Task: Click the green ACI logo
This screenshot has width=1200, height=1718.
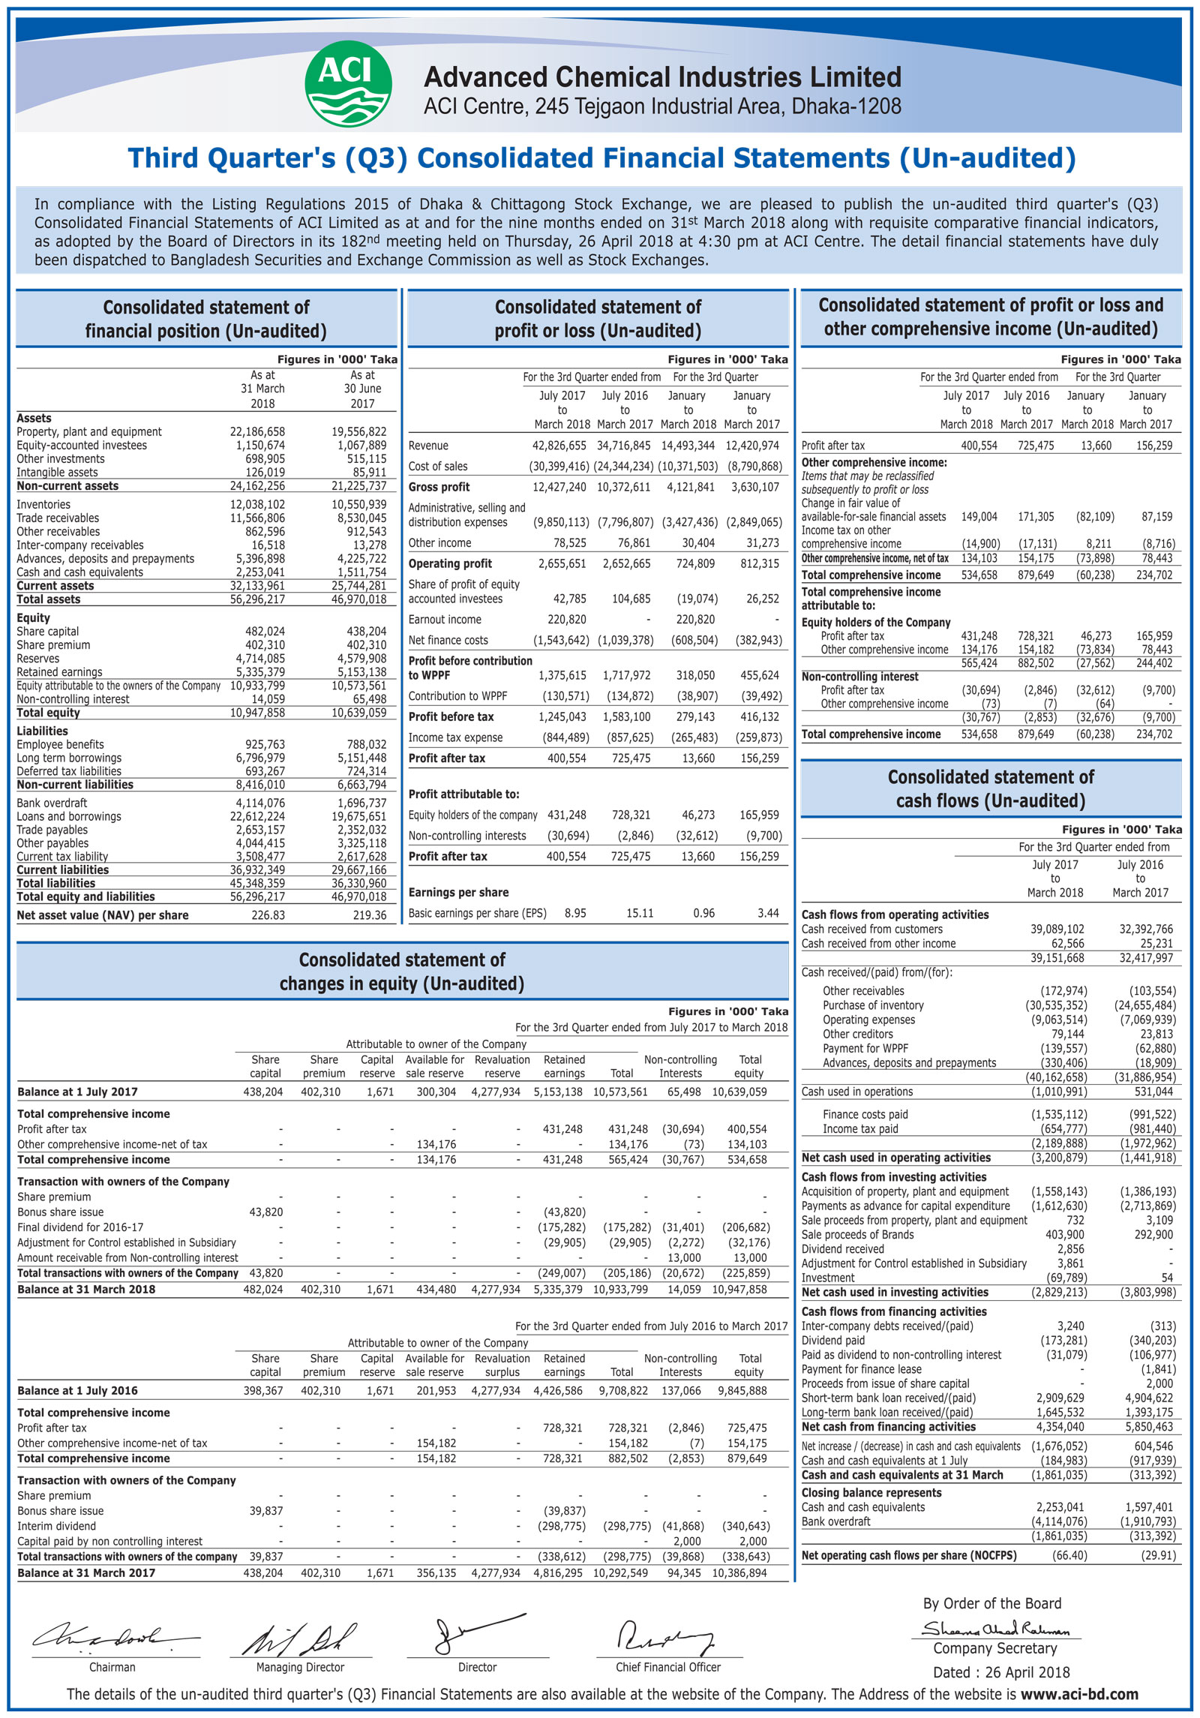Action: (348, 83)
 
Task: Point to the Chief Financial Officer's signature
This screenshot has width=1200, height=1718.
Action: (664, 1637)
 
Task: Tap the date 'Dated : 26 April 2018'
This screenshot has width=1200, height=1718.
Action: (1000, 1672)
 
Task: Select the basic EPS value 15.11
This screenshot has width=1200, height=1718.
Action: (640, 913)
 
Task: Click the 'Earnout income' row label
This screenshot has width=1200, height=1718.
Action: (445, 620)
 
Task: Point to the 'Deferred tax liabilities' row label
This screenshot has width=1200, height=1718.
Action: (69, 771)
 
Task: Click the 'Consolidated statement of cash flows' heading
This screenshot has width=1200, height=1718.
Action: (991, 788)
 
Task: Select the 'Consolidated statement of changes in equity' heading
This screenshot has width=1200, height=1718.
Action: (402, 972)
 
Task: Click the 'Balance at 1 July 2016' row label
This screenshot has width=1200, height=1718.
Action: (77, 1390)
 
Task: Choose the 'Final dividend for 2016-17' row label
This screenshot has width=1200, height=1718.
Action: (80, 1227)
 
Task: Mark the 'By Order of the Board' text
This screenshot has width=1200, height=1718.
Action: (991, 1604)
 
